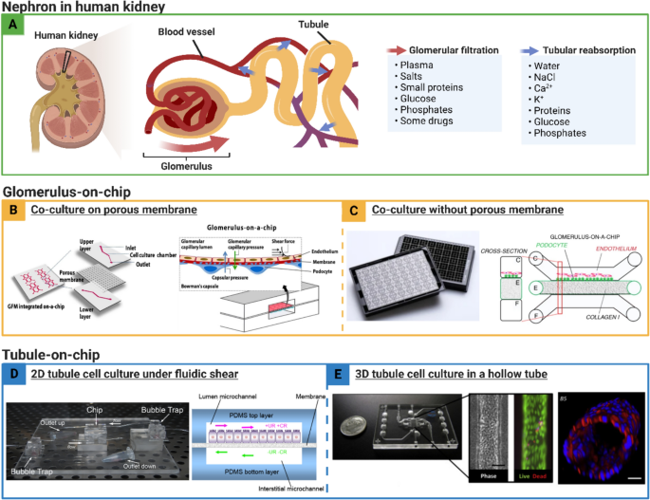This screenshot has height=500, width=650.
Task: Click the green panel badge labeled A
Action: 12,26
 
